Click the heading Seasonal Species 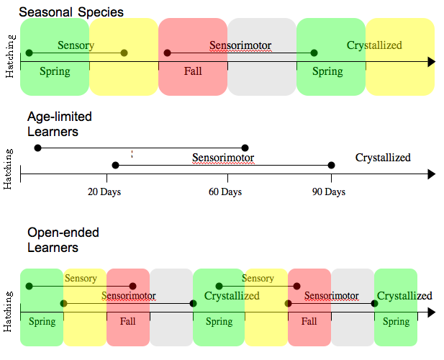point(71,12)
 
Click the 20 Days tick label point(104,192)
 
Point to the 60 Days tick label point(225,192)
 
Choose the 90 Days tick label point(329,192)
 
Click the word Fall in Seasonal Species point(193,71)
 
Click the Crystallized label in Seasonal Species point(374,45)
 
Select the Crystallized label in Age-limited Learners point(383,158)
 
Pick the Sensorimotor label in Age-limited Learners point(223,158)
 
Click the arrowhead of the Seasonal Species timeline point(431,63)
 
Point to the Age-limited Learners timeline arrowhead point(431,174)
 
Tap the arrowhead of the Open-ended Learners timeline point(431,312)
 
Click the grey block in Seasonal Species point(262,57)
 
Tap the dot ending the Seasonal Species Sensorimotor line point(314,53)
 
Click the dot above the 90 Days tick point(331,166)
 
